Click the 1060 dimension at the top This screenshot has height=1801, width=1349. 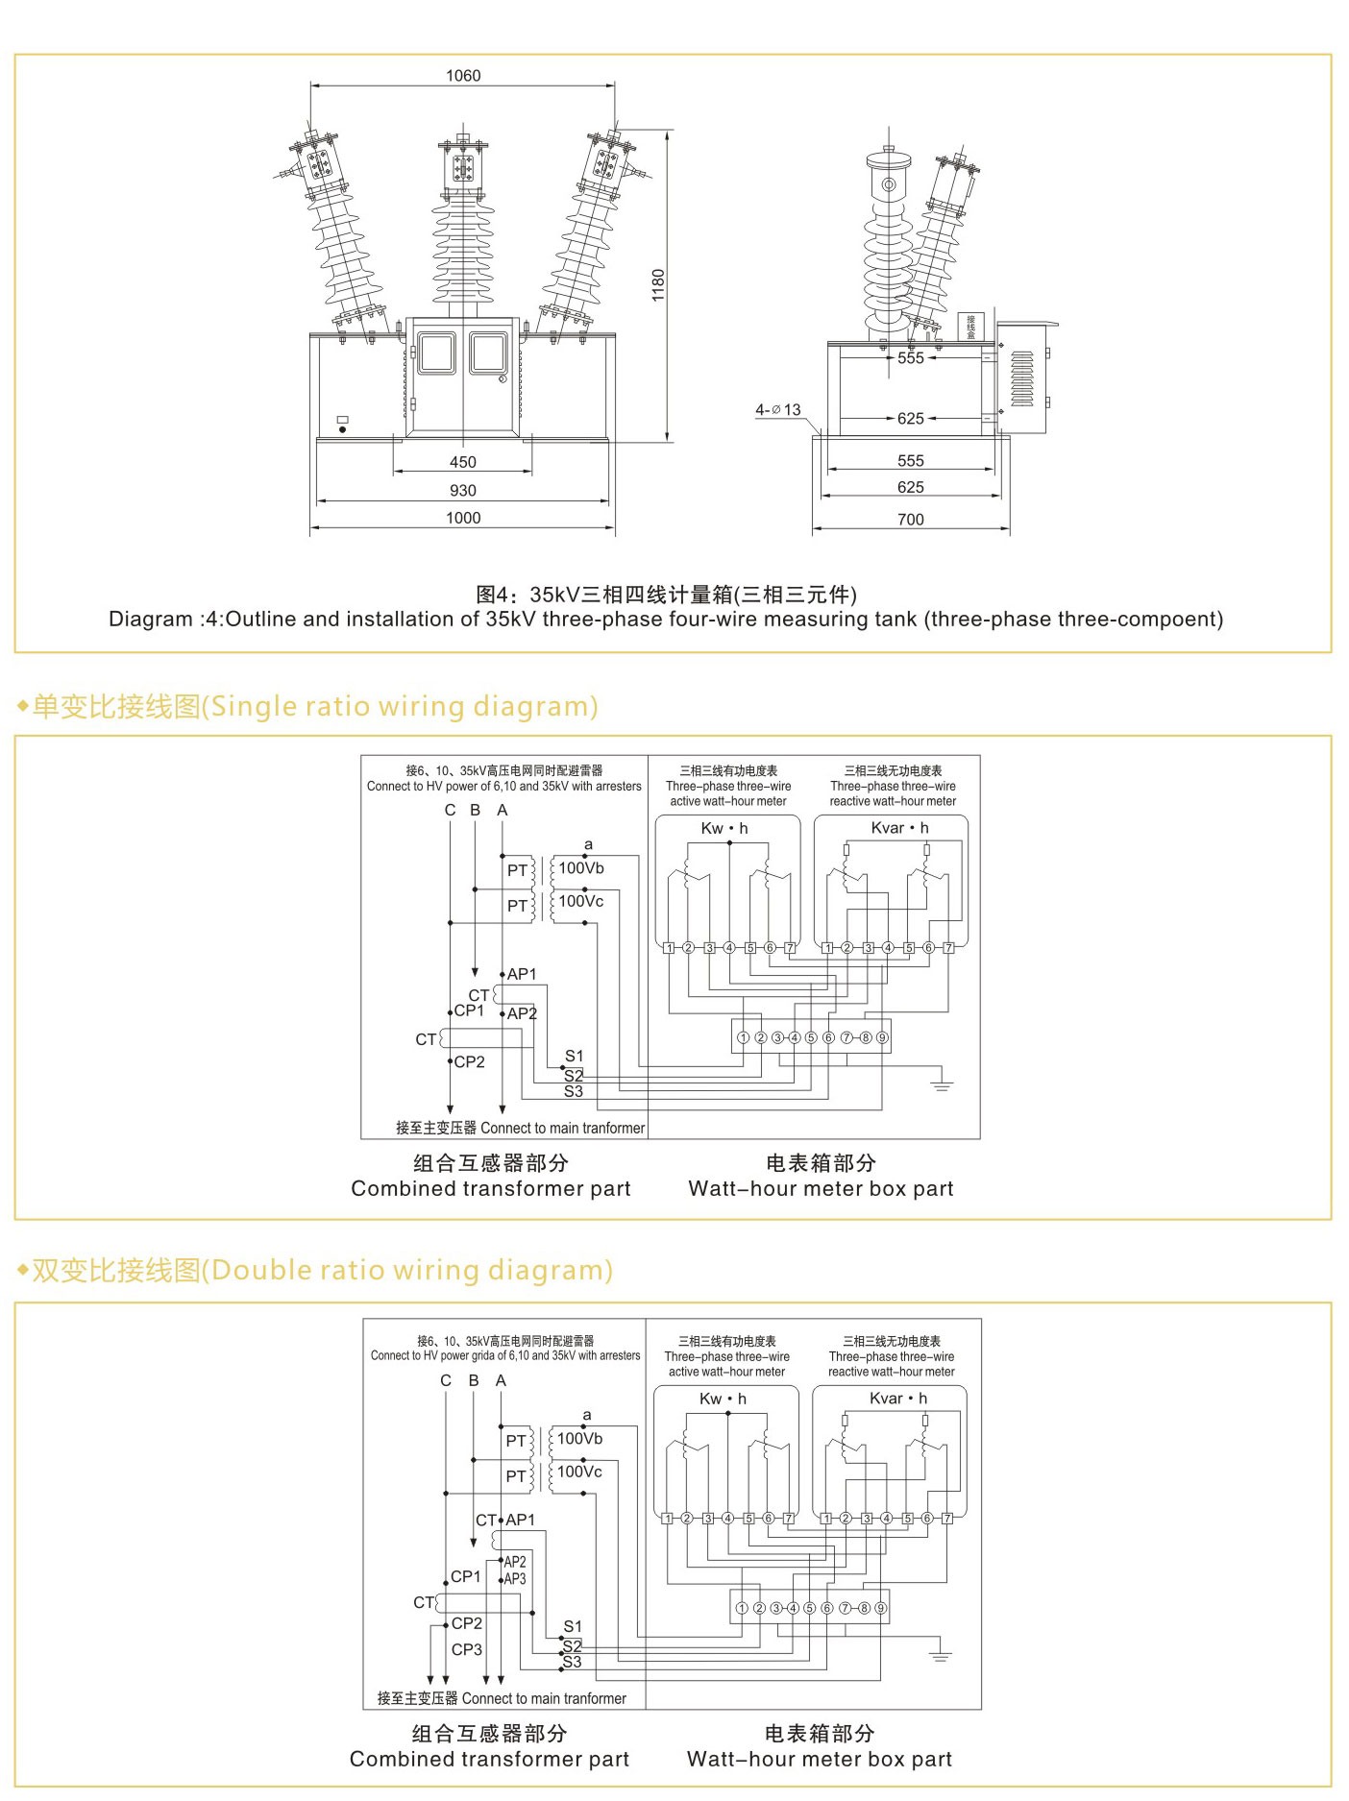[x=463, y=76]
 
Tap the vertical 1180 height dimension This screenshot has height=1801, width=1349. [x=658, y=285]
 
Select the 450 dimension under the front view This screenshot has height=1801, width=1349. [x=463, y=462]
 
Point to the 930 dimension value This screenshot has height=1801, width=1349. [x=463, y=490]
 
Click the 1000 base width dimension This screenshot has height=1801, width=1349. [x=463, y=518]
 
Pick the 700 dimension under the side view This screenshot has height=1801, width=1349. [x=910, y=520]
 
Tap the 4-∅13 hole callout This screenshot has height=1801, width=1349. [x=777, y=410]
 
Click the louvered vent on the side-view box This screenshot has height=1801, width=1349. [x=1022, y=378]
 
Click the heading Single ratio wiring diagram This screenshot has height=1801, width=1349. [x=314, y=707]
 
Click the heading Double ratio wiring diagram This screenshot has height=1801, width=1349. [x=322, y=1271]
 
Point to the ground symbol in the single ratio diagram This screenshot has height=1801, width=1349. [x=942, y=1085]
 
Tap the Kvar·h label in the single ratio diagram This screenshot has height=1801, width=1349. [x=899, y=828]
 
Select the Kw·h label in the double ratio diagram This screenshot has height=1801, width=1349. [x=723, y=1399]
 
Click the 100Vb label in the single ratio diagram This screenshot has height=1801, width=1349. [x=581, y=868]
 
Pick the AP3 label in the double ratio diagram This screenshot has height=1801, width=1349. [x=515, y=1578]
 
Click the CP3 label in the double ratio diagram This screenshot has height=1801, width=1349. [x=467, y=1649]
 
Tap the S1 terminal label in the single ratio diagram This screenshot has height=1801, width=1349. [x=574, y=1056]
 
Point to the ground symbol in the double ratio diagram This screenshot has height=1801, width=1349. [x=941, y=1656]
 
